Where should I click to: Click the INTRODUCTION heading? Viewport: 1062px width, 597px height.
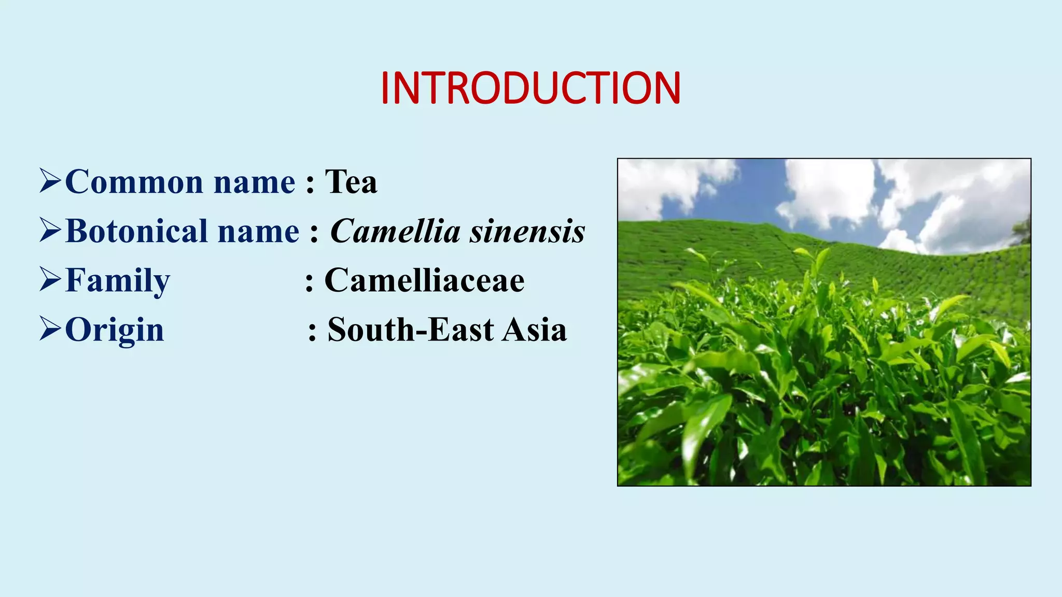tap(530, 88)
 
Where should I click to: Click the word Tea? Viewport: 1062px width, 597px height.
tap(351, 182)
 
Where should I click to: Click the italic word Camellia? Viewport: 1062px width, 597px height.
tap(395, 231)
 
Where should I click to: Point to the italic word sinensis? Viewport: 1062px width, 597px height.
tap(527, 231)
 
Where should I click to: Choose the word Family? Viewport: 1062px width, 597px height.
tap(118, 280)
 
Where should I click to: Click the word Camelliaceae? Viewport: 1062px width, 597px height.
tap(424, 280)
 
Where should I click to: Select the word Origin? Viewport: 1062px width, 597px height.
tap(115, 330)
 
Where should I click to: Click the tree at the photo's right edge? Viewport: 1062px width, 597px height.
tap(1022, 231)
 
